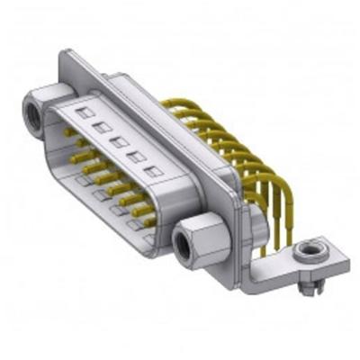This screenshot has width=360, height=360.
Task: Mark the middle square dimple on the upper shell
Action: coord(117,141)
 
